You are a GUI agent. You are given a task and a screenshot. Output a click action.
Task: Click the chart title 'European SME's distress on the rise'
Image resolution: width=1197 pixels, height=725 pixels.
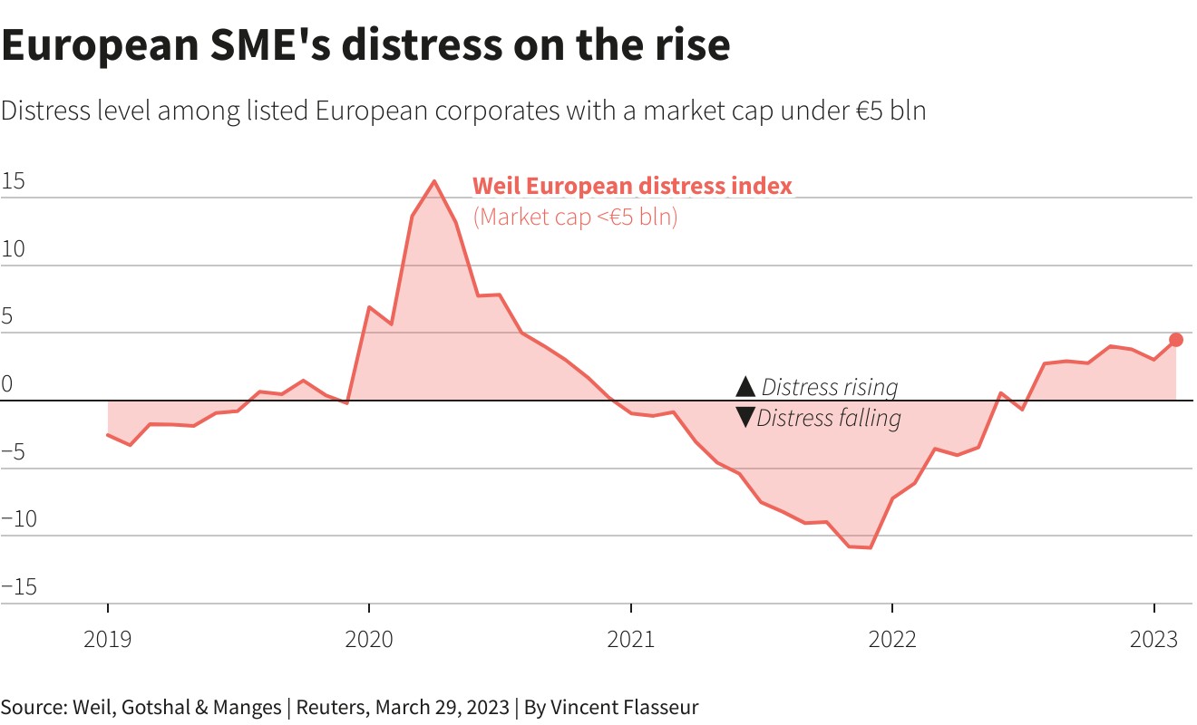point(365,45)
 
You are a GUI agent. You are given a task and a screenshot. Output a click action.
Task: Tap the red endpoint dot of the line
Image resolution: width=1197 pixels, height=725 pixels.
point(1176,340)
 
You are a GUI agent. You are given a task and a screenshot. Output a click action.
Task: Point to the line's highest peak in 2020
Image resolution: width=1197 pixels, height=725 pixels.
point(434,181)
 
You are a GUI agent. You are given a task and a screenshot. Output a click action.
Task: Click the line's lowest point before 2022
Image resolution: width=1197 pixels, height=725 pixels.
point(871,547)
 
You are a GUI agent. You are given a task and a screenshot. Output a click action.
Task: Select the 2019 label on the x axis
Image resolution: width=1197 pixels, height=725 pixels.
point(107,640)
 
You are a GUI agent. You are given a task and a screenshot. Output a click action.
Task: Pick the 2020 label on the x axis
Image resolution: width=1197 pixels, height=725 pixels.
point(369,640)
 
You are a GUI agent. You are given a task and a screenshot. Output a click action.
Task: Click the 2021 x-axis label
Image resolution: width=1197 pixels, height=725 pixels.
point(631,640)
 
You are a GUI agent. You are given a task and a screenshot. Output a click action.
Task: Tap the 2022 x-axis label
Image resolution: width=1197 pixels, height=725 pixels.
point(892,640)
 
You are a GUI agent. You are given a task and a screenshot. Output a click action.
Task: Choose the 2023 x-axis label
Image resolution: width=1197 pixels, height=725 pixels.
point(1153,640)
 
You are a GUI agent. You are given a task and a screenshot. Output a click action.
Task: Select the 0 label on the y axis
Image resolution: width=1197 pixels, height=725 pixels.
point(7,384)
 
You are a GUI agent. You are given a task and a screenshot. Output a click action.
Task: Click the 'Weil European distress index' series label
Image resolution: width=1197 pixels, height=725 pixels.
point(632,187)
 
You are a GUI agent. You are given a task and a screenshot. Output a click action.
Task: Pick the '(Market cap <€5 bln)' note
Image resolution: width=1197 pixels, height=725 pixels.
point(575,217)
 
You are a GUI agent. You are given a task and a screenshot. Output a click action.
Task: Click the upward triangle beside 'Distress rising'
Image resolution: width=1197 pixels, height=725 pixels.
point(745,387)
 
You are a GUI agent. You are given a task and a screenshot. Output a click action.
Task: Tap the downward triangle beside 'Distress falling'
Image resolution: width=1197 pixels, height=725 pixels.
point(745,418)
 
